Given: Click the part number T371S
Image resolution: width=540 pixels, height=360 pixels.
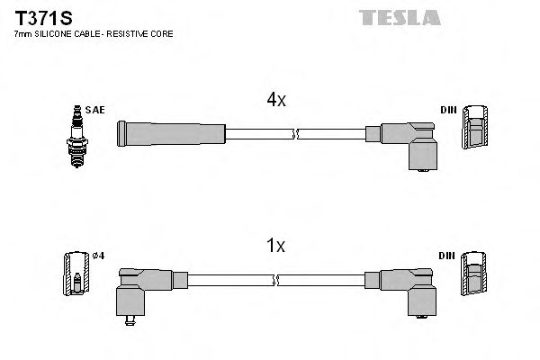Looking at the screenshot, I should coord(39,17).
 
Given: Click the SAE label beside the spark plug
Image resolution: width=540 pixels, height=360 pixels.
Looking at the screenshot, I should coord(96,110).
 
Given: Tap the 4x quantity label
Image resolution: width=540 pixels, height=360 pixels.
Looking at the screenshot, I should coord(275,101).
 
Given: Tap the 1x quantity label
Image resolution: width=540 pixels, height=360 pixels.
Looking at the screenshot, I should coord(275,245).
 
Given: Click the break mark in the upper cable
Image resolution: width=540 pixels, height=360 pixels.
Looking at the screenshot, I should coord(294,135).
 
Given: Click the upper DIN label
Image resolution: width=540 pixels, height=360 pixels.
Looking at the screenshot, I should coord(447,110).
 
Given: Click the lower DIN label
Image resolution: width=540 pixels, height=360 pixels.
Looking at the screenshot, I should coord(447,255).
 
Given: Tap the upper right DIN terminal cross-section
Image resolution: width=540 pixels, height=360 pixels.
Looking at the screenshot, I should coord(474,127).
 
